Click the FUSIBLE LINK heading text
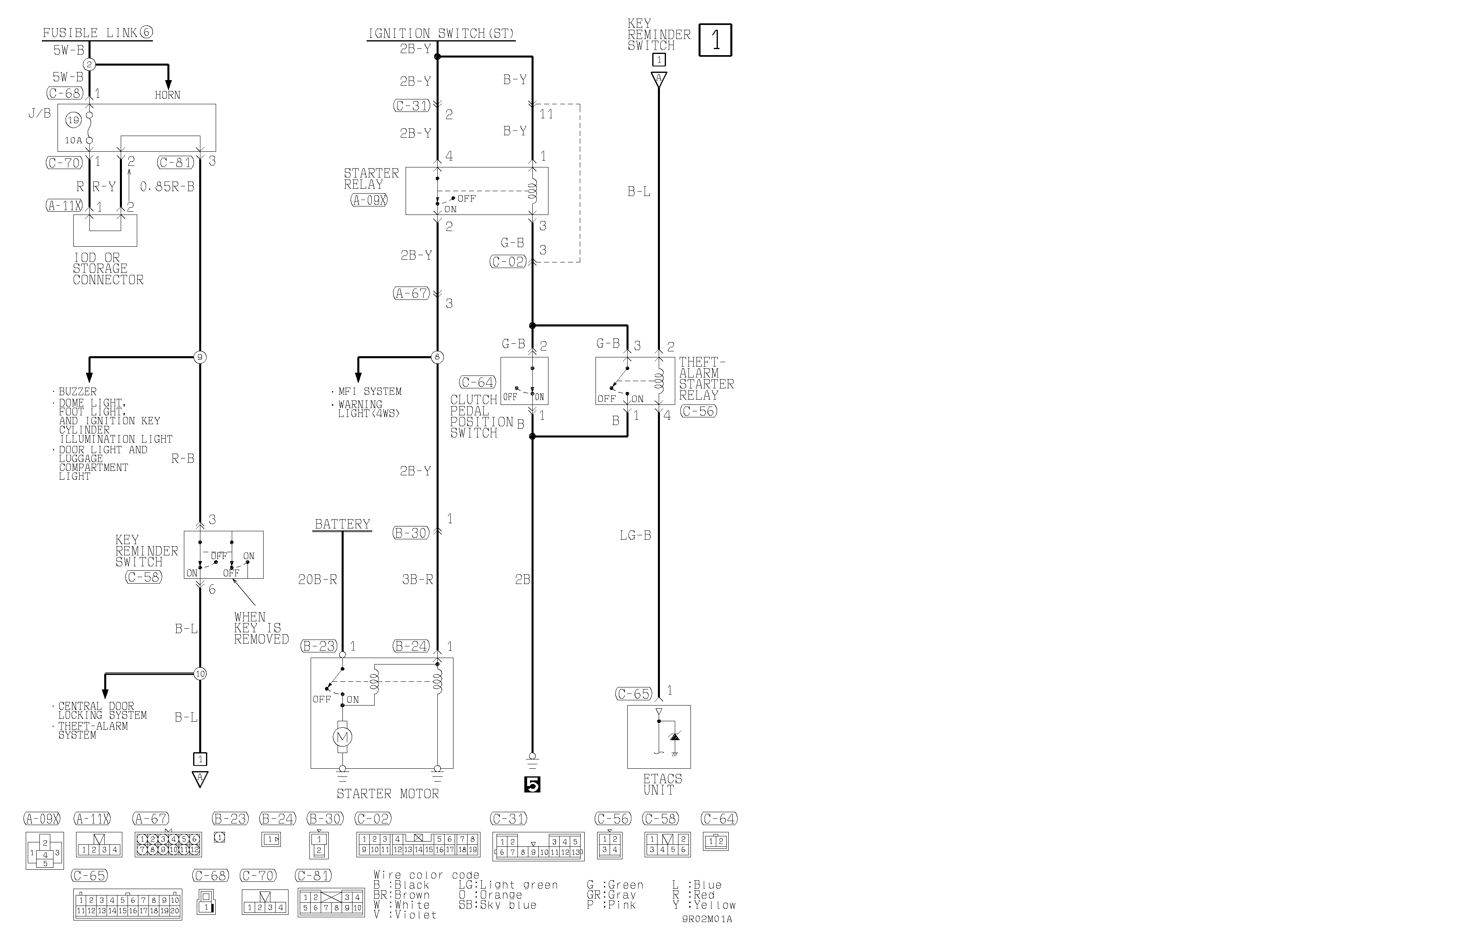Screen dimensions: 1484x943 pos(97,33)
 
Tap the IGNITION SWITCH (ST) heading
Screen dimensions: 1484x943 pos(441,34)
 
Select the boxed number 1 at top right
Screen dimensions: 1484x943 pos(715,40)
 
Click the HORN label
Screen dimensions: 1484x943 pos(168,95)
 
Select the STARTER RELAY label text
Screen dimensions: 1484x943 pos(371,179)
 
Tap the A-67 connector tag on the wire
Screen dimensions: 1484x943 pos(411,293)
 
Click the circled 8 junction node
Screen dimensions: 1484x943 pos(437,357)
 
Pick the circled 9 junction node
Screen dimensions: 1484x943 pos(200,357)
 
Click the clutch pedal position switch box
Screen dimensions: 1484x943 pos(524,381)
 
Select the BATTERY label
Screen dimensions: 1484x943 pos(342,524)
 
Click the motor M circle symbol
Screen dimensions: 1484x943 pos(342,737)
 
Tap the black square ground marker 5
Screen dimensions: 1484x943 pos(532,784)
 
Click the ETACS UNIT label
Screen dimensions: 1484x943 pos(662,784)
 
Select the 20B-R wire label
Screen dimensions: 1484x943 pos(317,579)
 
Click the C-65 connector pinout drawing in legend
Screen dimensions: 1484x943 pos(128,905)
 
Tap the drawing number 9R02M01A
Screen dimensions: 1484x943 pos(707,919)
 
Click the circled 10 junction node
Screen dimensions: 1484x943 pos(200,674)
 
